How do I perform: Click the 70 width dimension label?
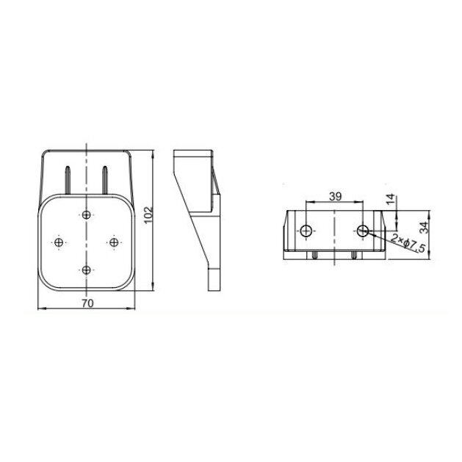pos(87,302)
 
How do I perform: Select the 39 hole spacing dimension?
pos(334,196)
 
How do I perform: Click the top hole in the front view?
pos(87,214)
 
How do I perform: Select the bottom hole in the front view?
pos(87,270)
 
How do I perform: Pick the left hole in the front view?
pos(59,242)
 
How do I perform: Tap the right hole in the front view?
pos(115,242)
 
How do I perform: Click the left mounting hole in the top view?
pos(306,231)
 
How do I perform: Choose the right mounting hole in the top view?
pos(363,231)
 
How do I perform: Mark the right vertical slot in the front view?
pos(106,178)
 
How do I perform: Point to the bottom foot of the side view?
pos(214,279)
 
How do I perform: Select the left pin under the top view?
pos(315,256)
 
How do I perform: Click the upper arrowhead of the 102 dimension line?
pos(154,154)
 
